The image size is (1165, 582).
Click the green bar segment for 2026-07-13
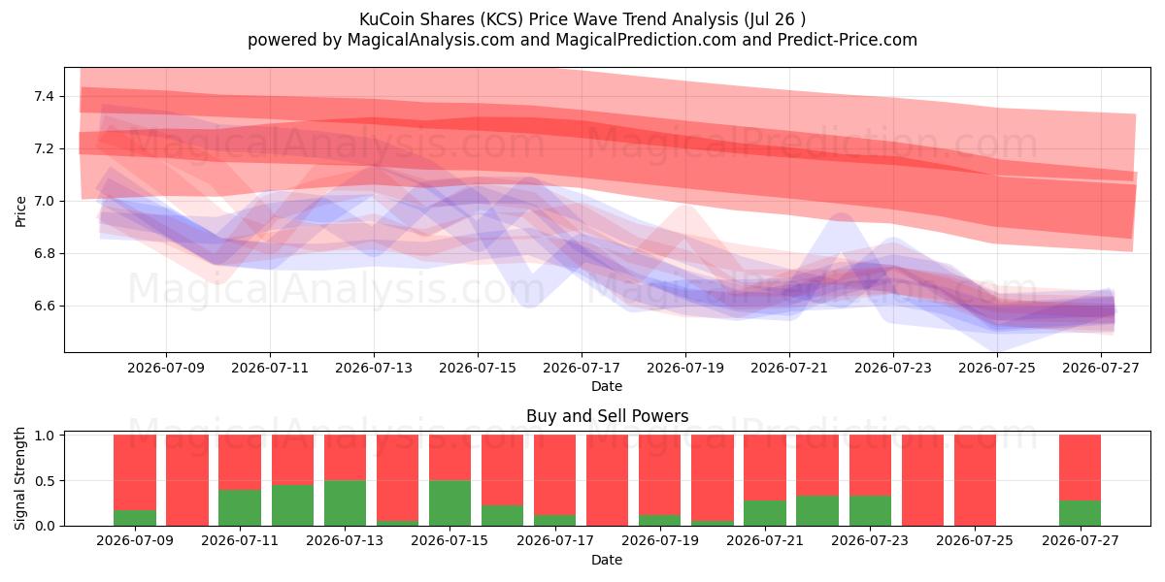tap(345, 503)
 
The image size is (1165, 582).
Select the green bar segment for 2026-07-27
tap(1081, 513)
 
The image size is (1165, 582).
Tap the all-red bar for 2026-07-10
tap(187, 480)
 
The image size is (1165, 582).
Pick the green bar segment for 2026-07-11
tap(240, 507)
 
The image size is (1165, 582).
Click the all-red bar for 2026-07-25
tap(975, 480)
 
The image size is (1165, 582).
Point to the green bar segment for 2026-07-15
tap(449, 503)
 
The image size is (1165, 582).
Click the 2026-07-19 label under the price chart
tap(685, 368)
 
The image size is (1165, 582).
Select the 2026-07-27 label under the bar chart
tap(1081, 540)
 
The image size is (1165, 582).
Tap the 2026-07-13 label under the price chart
tap(374, 368)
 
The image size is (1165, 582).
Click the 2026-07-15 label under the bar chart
tap(449, 540)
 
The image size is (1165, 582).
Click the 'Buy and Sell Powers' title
tap(608, 416)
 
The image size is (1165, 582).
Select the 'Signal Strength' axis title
tap(19, 478)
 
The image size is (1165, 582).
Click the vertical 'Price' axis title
tap(20, 211)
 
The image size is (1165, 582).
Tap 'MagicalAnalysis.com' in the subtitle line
tap(431, 40)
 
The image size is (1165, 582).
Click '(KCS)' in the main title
tap(501, 19)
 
